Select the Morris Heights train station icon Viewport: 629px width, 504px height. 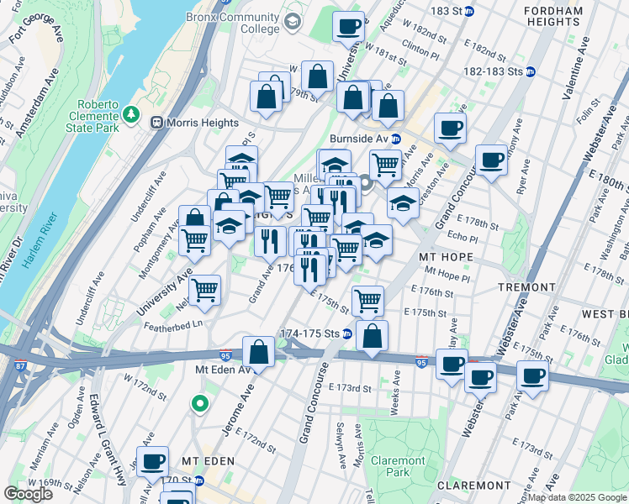156,123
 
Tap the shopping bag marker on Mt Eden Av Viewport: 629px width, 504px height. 259,351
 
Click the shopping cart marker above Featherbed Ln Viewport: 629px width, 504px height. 204,291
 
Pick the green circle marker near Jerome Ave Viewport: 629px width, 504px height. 199,404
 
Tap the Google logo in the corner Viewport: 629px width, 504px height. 29,494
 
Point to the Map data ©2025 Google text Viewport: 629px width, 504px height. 577,497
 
